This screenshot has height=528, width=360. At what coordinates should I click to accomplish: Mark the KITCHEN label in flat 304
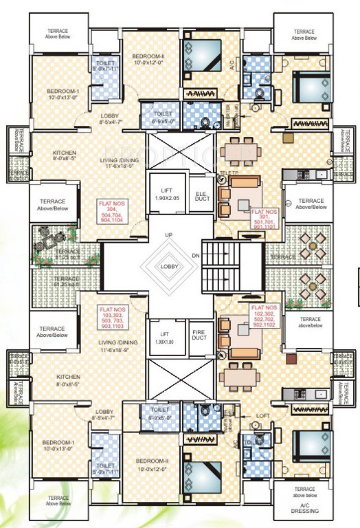coord(64,155)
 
